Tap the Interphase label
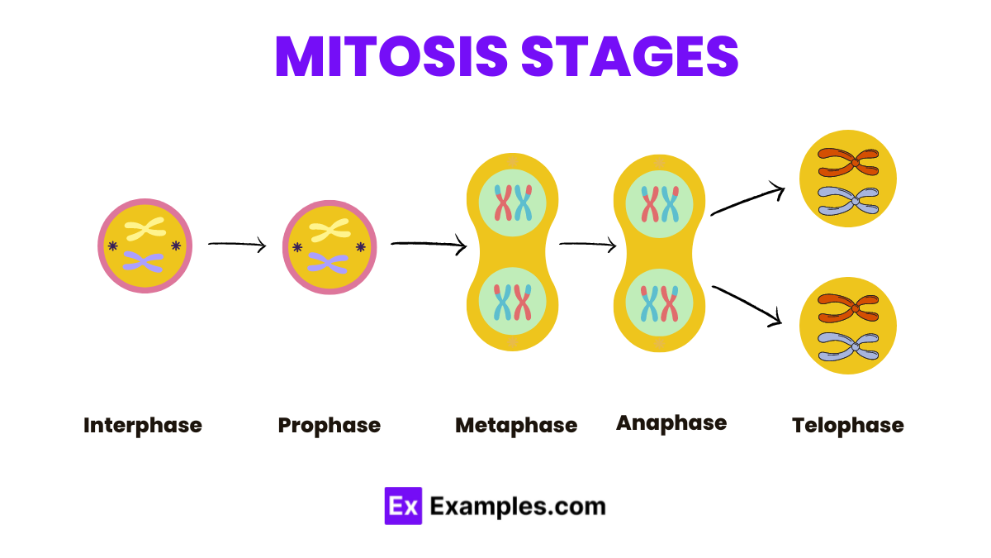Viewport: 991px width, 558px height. (x=143, y=426)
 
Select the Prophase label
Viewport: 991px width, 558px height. (x=330, y=426)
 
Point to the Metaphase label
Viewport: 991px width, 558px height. (x=516, y=426)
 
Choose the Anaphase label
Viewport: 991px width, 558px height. (x=671, y=423)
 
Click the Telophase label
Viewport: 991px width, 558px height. (x=848, y=426)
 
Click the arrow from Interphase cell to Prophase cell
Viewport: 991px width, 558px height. (x=237, y=245)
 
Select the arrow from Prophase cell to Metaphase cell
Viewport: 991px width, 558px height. (x=428, y=244)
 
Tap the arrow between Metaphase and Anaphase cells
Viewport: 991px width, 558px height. (x=587, y=244)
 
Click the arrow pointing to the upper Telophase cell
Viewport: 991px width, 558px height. (x=747, y=201)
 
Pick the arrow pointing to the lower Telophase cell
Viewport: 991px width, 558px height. (x=747, y=304)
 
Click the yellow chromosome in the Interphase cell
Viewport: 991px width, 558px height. (x=145, y=231)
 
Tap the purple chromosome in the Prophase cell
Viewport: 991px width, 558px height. (x=329, y=263)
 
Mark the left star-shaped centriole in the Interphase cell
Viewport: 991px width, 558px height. (x=112, y=246)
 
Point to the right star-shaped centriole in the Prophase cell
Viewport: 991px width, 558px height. (x=360, y=246)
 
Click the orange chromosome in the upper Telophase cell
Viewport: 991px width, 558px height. (x=848, y=162)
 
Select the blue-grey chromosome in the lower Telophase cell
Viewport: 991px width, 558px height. (x=848, y=346)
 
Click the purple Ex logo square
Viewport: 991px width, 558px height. (x=403, y=506)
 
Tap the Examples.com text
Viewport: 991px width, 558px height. (x=518, y=506)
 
